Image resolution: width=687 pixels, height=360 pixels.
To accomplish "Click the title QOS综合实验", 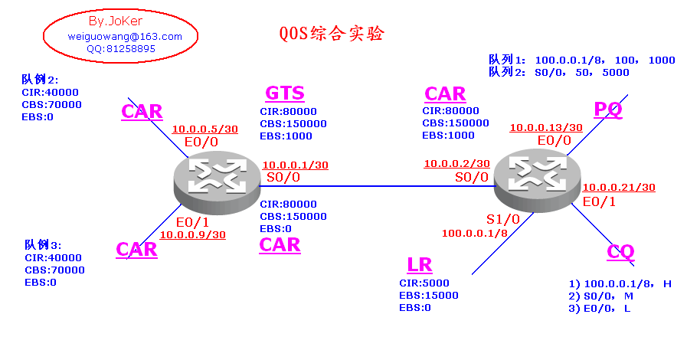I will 331,34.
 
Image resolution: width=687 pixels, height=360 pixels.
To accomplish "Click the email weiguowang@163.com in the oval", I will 124,36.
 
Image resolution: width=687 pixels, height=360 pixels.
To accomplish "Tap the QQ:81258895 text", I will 121,48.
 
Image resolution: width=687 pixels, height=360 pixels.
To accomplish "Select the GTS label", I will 285,93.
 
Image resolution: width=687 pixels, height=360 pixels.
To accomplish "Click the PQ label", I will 608,110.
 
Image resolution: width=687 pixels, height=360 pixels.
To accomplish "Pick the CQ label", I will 620,251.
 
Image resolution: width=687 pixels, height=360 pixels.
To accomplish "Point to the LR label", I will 420,266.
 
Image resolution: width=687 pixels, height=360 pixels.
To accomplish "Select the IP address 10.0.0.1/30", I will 295,165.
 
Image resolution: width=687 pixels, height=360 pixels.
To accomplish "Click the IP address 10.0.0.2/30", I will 457,163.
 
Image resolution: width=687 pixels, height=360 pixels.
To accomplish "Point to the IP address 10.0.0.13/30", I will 545,128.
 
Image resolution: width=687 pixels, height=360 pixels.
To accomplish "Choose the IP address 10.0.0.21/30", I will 619,188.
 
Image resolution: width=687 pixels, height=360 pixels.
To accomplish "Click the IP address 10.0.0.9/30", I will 192,234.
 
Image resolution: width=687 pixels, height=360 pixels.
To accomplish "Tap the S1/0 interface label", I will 502,219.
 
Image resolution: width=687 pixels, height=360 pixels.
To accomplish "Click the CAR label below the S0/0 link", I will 280,245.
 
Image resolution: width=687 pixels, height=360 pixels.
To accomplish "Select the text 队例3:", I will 42,245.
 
